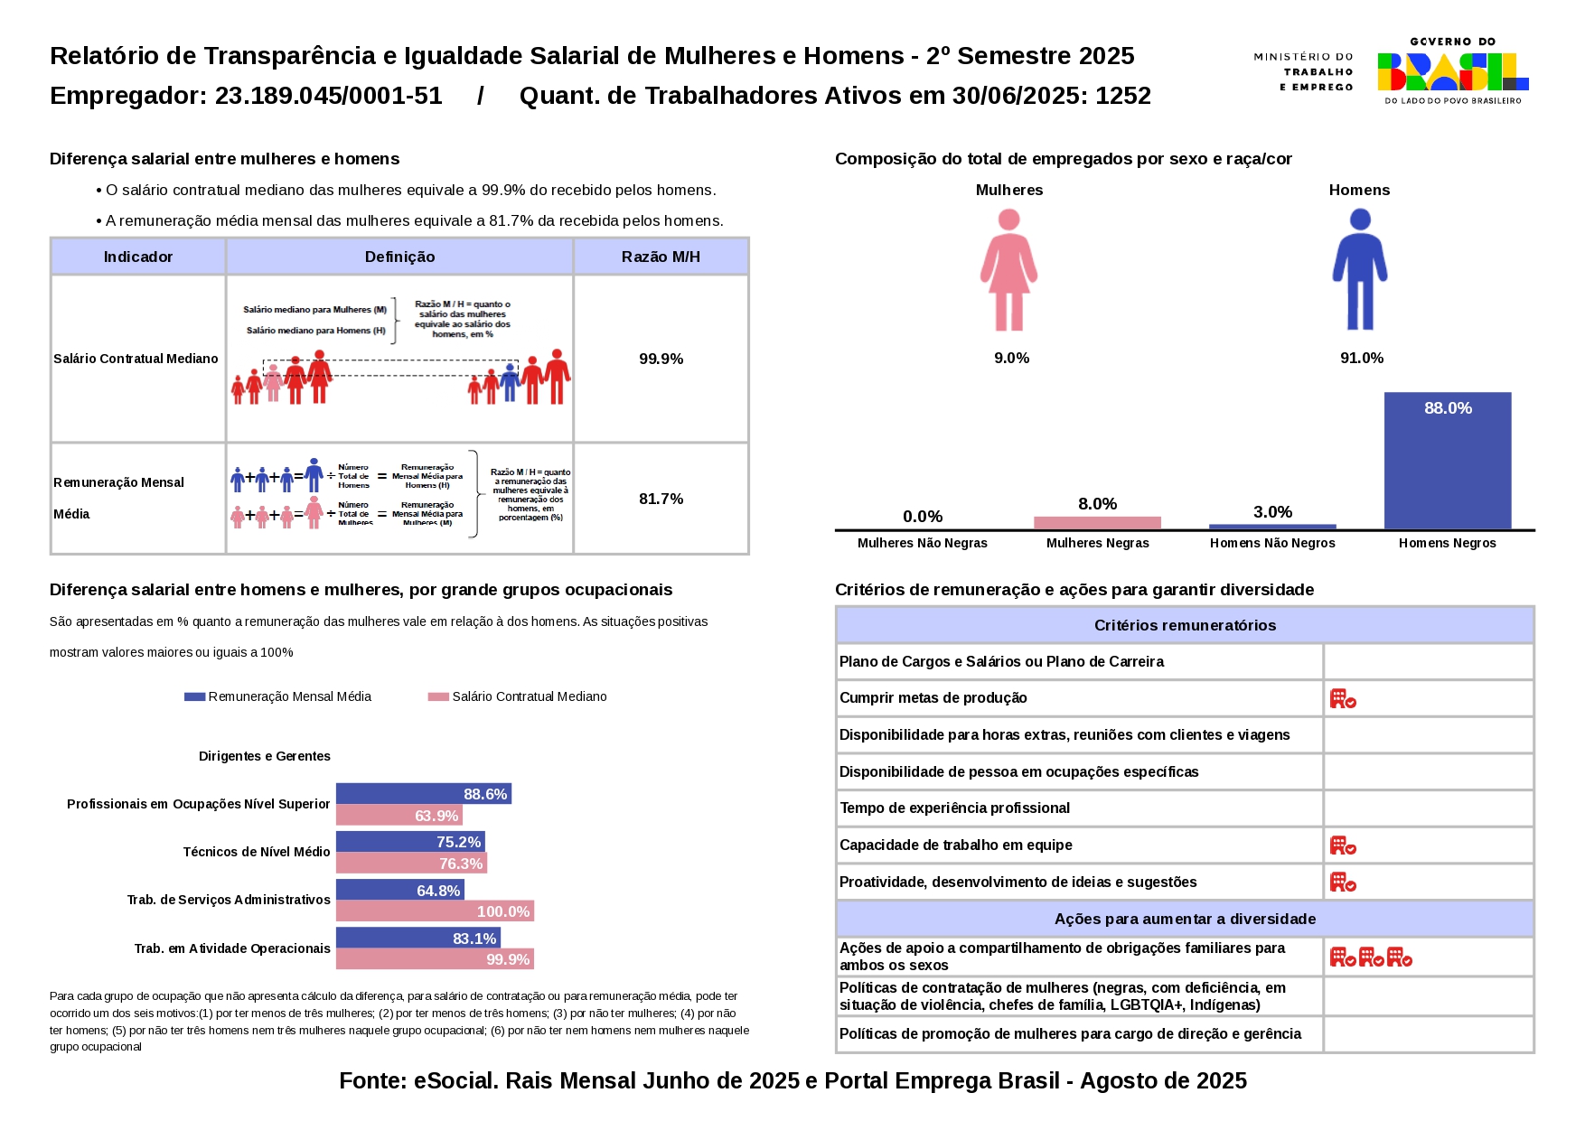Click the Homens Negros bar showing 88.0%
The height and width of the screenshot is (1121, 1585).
pos(1447,461)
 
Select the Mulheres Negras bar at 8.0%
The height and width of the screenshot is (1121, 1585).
pos(1097,523)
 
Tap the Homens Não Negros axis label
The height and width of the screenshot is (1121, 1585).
pos(1272,543)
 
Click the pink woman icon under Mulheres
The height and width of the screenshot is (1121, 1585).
pos(1009,269)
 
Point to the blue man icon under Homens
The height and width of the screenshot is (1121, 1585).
pos(1359,269)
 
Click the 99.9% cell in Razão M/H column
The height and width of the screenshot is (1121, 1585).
pos(661,359)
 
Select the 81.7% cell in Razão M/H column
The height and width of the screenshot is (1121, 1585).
pos(661,499)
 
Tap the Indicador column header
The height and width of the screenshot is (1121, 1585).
pos(137,257)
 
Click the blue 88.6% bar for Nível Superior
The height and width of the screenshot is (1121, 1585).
pos(423,794)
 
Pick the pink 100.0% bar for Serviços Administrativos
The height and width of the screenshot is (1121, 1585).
pos(435,911)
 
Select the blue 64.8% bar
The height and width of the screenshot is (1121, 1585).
pos(399,891)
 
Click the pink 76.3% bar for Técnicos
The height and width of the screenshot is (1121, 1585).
pos(411,864)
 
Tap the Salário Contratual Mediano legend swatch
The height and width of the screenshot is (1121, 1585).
pos(438,696)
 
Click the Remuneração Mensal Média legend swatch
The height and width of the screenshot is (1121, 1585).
pos(194,696)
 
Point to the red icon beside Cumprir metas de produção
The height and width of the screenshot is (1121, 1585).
pos(1343,698)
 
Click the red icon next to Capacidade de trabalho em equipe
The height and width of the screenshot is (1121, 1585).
pos(1343,845)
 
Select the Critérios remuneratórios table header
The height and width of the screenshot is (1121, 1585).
pos(1185,625)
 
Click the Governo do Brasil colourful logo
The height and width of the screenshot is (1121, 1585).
pos(1452,71)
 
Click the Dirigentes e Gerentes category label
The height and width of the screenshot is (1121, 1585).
pos(265,756)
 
